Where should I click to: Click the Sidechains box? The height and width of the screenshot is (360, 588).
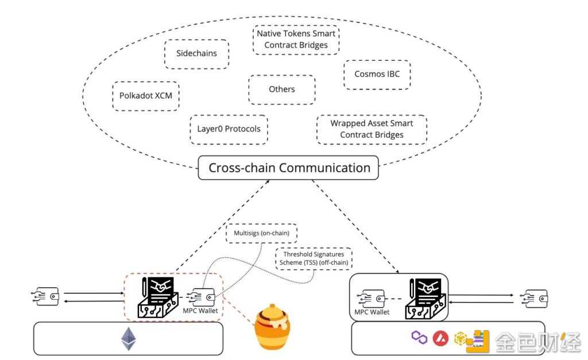196,54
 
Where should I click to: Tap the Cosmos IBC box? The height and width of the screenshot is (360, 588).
377,74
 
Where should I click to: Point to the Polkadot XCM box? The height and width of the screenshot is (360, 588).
145,95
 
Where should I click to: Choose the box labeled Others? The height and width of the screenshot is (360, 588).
281,89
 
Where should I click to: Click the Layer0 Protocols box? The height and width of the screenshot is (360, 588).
229,129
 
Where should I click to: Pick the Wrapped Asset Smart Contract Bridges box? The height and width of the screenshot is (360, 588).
372,129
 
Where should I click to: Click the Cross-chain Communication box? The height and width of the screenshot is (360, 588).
289,168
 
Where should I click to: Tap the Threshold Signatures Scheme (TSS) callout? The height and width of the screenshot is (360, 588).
314,257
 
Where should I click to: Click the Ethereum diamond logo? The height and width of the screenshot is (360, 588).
128,339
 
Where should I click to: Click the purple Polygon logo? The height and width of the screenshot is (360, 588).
419,338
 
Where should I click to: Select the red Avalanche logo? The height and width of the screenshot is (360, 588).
440,338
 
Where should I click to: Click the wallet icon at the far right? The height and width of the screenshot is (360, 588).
533,297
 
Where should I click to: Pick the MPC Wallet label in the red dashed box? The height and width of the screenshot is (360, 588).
202,311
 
